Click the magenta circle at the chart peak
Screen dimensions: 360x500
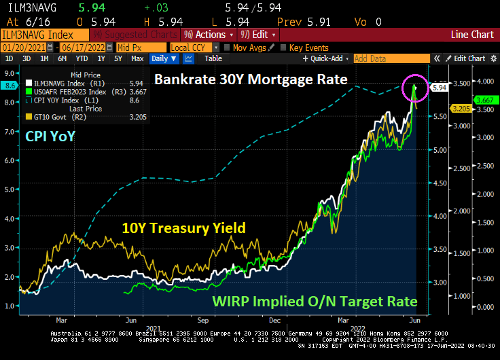click(414, 88)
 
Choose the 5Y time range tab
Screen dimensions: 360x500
click(118, 58)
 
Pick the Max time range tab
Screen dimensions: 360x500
click(137, 58)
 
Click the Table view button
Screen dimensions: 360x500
click(213, 58)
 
